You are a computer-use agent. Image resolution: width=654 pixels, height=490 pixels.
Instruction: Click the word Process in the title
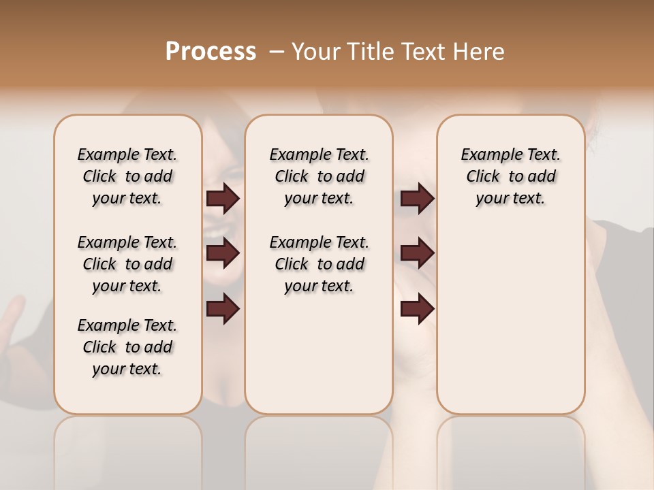pos(211,51)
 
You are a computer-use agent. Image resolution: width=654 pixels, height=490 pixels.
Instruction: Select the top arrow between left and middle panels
pos(223,198)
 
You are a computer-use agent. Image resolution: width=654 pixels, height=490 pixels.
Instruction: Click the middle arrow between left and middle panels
pos(223,253)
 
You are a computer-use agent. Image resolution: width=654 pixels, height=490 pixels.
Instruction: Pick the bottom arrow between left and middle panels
pos(223,308)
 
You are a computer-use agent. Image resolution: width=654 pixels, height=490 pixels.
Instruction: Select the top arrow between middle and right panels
pos(417,198)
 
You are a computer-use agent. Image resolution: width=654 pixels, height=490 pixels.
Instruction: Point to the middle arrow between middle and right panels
pos(417,253)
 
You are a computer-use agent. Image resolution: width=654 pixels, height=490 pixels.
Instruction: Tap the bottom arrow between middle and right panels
pos(417,308)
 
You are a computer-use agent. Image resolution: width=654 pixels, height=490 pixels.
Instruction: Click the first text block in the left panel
pos(127,176)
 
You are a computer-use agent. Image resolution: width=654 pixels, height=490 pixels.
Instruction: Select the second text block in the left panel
pos(127,264)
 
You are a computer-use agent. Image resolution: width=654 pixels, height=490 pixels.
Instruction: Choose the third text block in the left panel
pos(127,347)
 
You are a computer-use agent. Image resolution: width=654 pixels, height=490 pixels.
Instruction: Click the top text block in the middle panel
pos(319,176)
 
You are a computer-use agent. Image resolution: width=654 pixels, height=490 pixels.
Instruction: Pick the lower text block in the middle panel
pos(319,264)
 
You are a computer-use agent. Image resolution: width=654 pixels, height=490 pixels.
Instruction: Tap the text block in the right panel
pos(511,176)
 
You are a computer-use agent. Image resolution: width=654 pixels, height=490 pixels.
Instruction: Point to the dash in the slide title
pos(277,52)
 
